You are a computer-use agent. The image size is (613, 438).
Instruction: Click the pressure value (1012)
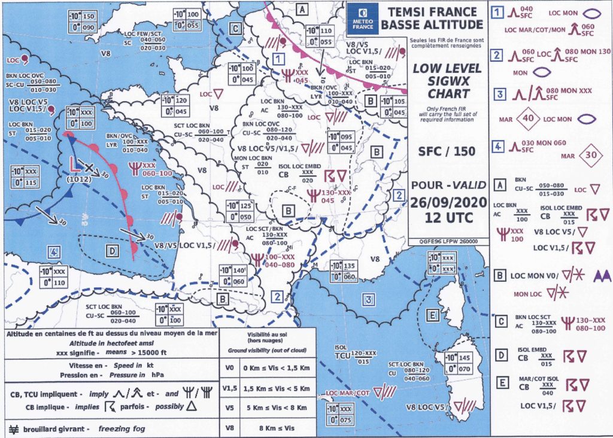tap(79, 177)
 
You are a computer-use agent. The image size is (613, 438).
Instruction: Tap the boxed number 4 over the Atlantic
tap(54, 253)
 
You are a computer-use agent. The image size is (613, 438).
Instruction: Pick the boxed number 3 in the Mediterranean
tap(369, 299)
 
